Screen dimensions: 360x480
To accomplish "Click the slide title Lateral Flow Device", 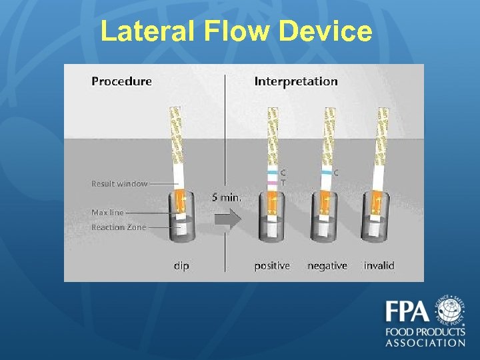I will (236, 31).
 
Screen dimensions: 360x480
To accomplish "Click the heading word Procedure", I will (121, 81).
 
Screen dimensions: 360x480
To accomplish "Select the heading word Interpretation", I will (296, 81).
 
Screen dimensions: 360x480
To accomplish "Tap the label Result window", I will (119, 183).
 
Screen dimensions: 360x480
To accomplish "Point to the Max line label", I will (107, 212).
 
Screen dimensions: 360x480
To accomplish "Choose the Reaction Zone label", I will (117, 227).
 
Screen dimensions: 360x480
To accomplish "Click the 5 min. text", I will (227, 197).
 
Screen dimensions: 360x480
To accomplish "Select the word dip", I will (181, 265).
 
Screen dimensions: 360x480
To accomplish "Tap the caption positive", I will (272, 265).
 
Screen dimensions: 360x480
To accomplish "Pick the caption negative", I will (327, 265).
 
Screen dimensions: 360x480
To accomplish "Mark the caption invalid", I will (379, 265).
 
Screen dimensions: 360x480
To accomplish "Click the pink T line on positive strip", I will (273, 182).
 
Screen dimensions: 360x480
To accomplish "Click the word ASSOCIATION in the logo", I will (425, 343).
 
